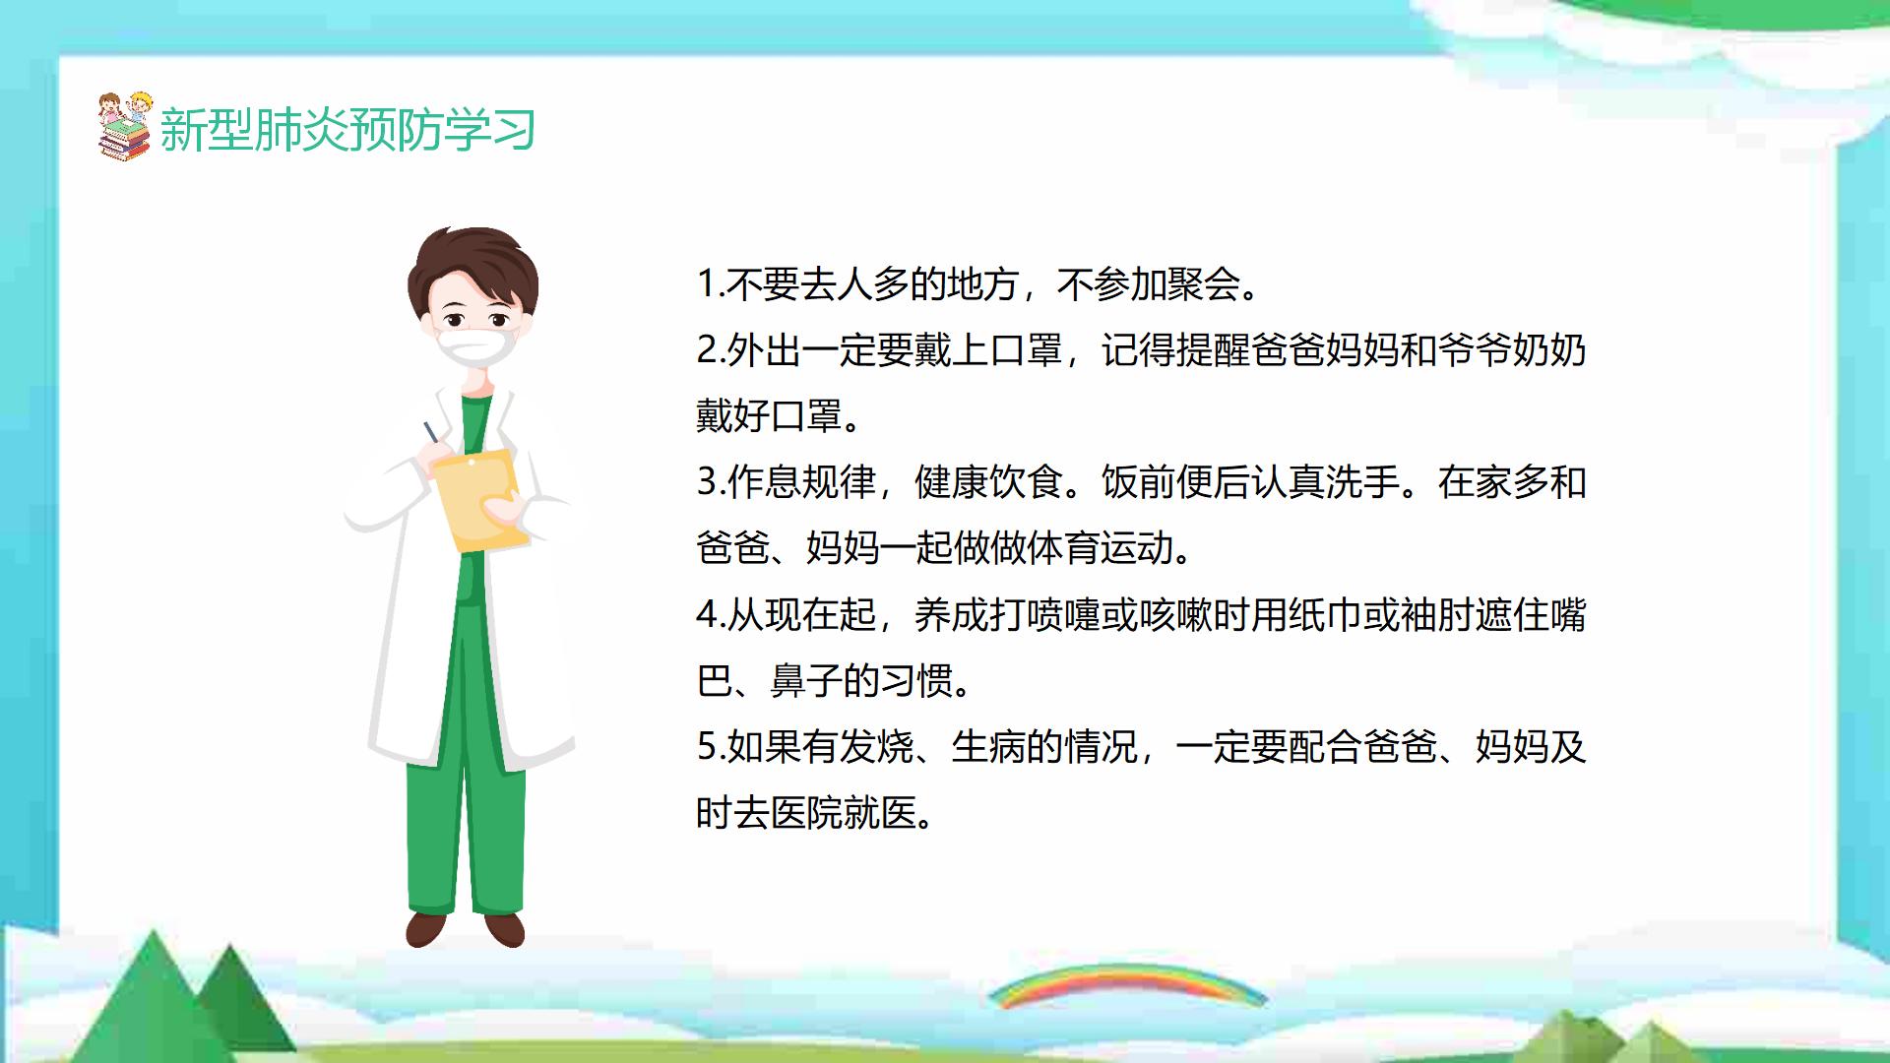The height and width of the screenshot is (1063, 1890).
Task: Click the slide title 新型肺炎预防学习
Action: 347,130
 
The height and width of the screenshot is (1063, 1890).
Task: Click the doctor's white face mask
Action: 477,347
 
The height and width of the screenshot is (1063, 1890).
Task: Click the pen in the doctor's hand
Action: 431,433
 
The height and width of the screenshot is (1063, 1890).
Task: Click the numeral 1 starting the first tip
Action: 705,284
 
